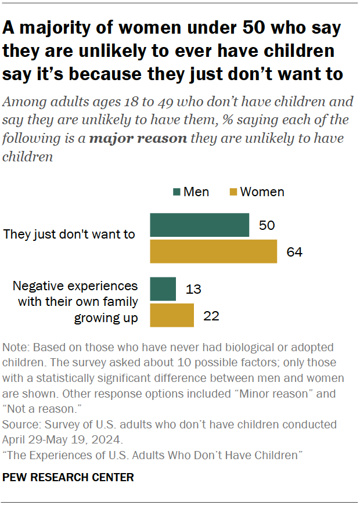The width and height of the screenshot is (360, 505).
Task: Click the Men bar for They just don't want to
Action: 200,225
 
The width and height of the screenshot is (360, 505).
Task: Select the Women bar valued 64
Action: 213,251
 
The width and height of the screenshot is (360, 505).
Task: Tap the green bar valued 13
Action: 163,288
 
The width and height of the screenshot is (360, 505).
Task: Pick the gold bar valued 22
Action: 172,315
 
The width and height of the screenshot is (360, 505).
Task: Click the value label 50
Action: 267,225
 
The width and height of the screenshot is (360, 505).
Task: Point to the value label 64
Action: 294,252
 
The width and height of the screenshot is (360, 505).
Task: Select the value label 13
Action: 193,289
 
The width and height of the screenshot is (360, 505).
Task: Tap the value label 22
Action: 211,316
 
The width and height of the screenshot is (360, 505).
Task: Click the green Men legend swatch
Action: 177,192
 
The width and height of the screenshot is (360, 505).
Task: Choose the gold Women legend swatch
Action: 233,192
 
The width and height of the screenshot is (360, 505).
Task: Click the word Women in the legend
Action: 262,192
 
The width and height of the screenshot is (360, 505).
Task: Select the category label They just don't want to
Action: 69,235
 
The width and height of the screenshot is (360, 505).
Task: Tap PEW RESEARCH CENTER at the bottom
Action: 69,478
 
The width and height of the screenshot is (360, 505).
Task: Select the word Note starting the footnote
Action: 15,348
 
